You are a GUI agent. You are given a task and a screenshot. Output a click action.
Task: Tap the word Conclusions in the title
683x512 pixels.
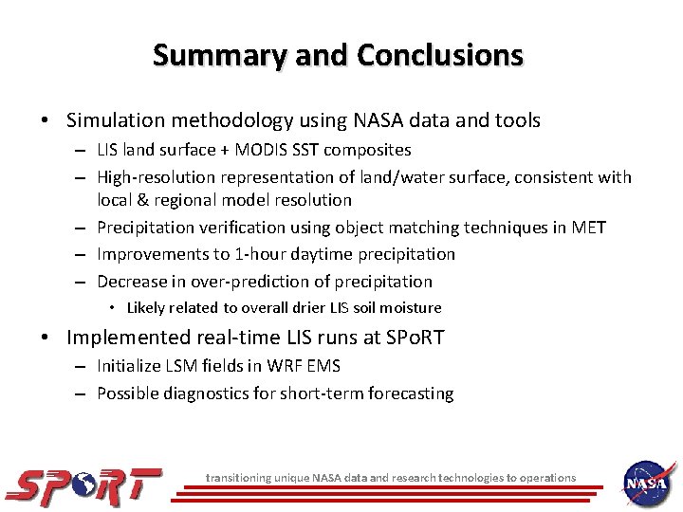(x=439, y=55)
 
